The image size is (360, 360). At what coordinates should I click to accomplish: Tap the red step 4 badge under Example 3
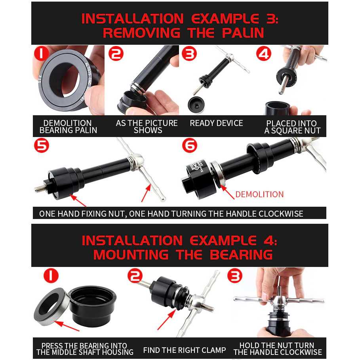coord(264,54)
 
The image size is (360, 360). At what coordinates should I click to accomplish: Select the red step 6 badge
coord(190,145)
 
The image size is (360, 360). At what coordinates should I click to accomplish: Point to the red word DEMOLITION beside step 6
coord(259,194)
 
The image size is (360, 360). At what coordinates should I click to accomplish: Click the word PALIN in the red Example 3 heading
coord(243,32)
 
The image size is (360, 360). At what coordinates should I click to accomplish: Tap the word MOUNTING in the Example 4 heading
coord(131,255)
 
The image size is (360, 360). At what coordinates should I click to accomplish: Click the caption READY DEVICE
coord(216,123)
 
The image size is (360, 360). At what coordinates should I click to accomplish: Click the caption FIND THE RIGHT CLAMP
coord(185,350)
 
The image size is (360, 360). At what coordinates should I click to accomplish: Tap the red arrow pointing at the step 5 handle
coord(146,193)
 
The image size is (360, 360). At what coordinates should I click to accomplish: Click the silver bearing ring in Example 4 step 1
coord(51,307)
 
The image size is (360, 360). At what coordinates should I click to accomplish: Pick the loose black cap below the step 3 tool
coord(196,105)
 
